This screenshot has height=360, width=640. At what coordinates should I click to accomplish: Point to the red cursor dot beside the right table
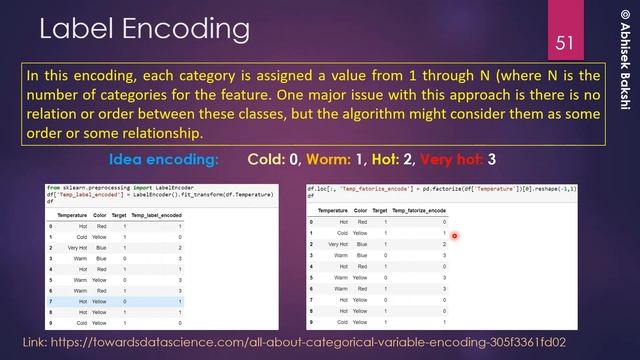pos(454,237)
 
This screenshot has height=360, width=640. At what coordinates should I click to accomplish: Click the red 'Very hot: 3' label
pos(448,160)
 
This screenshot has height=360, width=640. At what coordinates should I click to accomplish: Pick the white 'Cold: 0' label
pos(274,160)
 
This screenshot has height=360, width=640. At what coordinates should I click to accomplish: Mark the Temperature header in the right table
pos(332,212)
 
